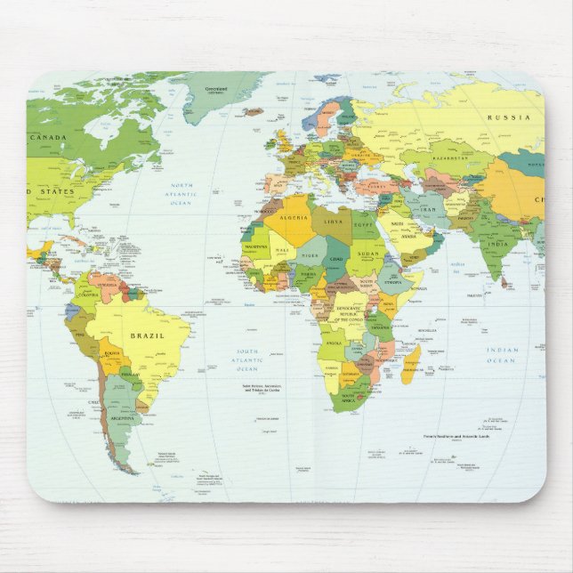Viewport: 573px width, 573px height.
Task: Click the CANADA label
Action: (48, 138)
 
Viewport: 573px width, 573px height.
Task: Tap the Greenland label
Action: (216, 90)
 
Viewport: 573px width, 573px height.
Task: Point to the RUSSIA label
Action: (509, 117)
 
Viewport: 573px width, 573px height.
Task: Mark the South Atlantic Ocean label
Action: (246, 360)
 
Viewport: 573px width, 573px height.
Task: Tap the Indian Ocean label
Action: (502, 355)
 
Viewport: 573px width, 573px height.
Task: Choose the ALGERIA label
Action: (294, 218)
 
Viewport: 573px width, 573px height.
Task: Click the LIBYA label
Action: (334, 220)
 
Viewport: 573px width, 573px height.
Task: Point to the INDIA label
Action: (498, 243)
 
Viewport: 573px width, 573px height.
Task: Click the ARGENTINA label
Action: (121, 417)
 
